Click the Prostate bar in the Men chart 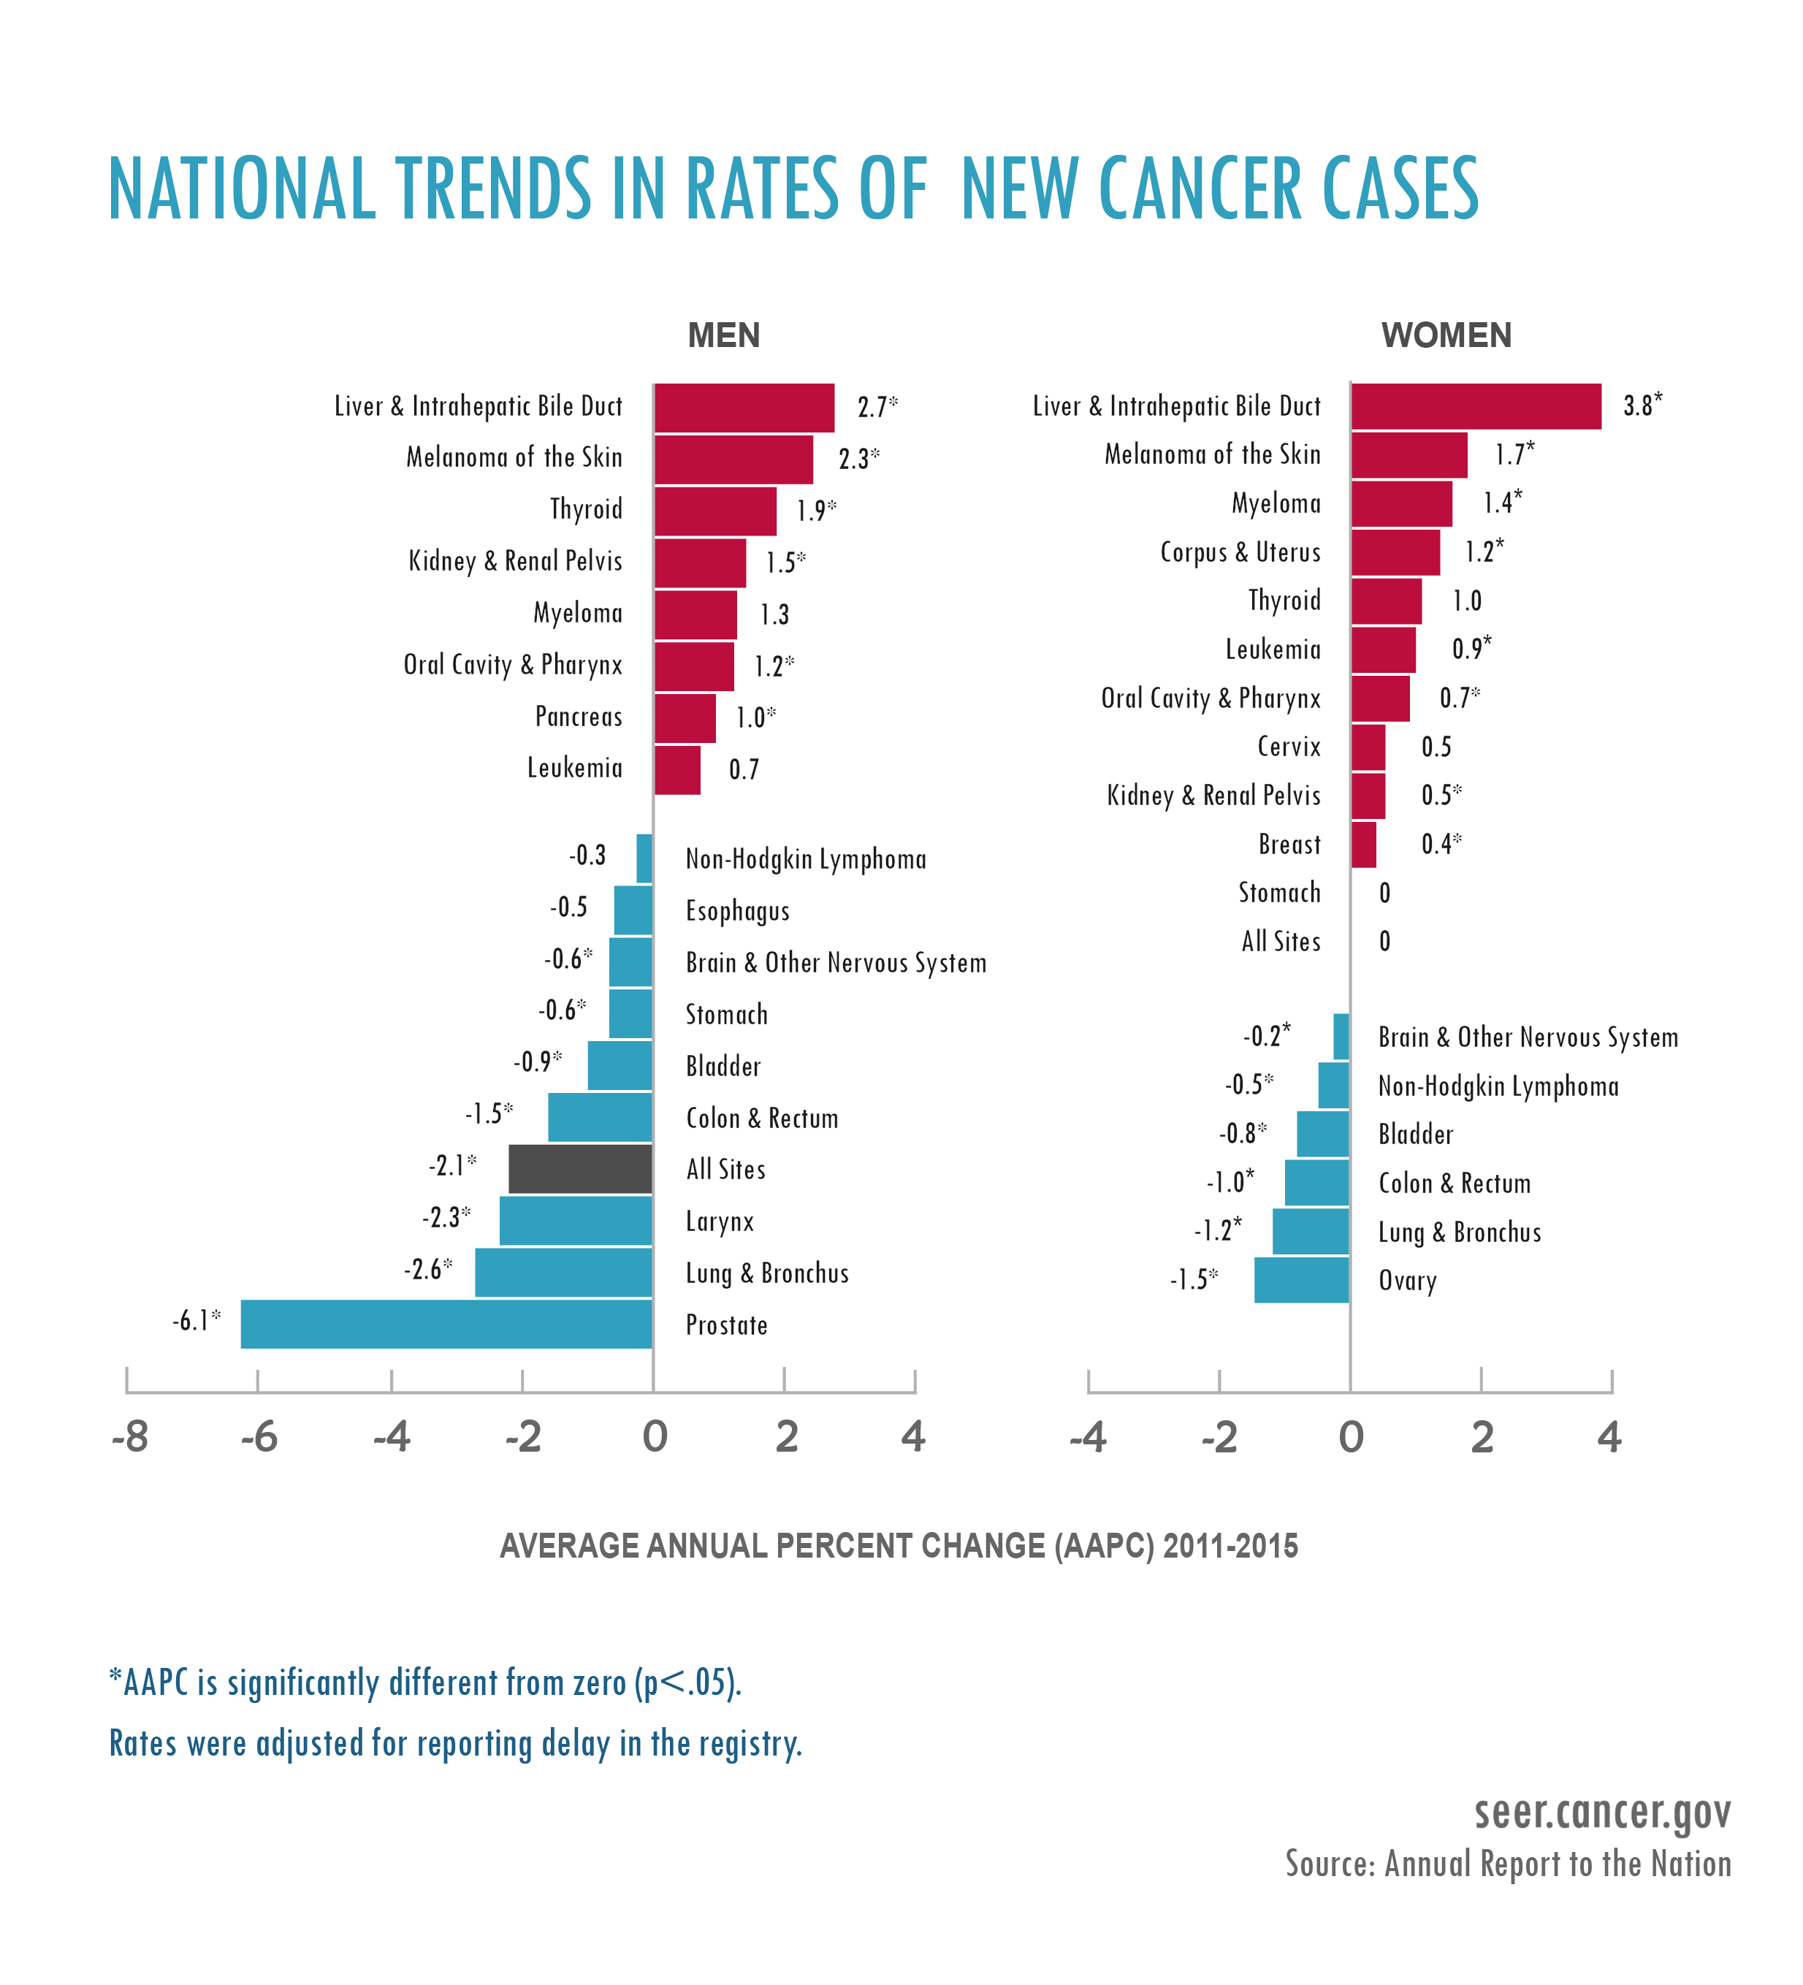pyautogui.click(x=446, y=1323)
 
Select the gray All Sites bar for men pyautogui.click(x=580, y=1169)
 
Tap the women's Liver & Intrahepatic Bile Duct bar pyautogui.click(x=1475, y=405)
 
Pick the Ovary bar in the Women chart pyautogui.click(x=1301, y=1279)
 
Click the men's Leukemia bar pyautogui.click(x=677, y=769)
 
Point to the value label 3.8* pyautogui.click(x=1642, y=405)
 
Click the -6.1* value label pyautogui.click(x=196, y=1320)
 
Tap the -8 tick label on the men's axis pyautogui.click(x=129, y=1436)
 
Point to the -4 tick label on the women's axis pyautogui.click(x=1087, y=1436)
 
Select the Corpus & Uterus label pyautogui.click(x=1240, y=552)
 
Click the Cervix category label pyautogui.click(x=1288, y=747)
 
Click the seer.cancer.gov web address pyautogui.click(x=1601, y=1813)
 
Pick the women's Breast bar pyautogui.click(x=1362, y=844)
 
